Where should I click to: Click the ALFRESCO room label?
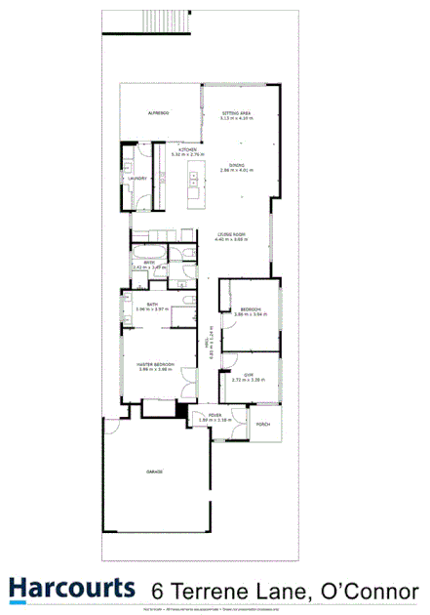[159, 114]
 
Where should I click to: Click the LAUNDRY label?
[137, 178]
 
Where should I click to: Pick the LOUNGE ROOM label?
[230, 234]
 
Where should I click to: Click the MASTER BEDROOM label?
[155, 364]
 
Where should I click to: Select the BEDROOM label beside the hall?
[250, 308]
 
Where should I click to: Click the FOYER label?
[214, 416]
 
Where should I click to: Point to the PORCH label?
[262, 425]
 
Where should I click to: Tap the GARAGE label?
[154, 471]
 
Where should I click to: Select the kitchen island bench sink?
[194, 179]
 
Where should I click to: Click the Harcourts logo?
[71, 588]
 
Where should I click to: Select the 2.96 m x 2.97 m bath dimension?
[153, 309]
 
